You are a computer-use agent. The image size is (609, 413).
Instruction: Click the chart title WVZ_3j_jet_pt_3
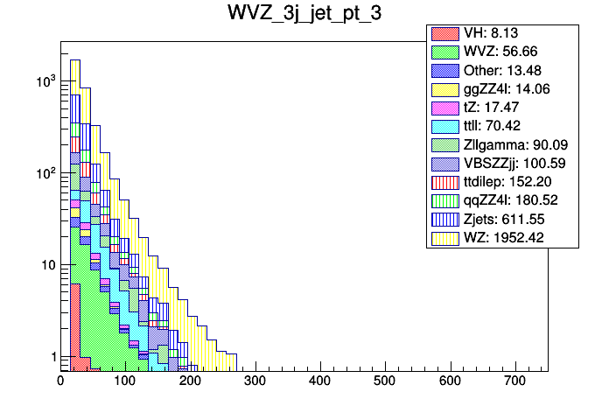click(304, 15)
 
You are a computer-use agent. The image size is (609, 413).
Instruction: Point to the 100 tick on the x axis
click(125, 381)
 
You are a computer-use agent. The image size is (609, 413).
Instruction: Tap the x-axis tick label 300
click(255, 381)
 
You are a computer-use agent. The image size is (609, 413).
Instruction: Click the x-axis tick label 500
click(385, 381)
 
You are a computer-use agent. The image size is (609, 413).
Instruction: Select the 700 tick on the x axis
click(514, 381)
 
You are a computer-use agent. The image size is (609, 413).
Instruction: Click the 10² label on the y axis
click(44, 174)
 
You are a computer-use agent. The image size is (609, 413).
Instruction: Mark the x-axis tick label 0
click(60, 381)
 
